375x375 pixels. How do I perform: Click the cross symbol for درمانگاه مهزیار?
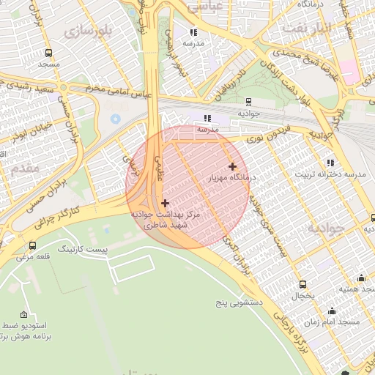pyautogui.click(x=233, y=166)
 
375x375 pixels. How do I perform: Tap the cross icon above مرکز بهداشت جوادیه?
pyautogui.click(x=165, y=203)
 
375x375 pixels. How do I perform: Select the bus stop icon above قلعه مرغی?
pyautogui.click(x=32, y=245)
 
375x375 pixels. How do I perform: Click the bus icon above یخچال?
pyautogui.click(x=302, y=284)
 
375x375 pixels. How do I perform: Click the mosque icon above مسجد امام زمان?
pyautogui.click(x=332, y=311)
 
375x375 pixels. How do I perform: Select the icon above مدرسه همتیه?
pyautogui.click(x=361, y=278)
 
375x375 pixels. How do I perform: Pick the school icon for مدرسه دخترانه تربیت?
pyautogui.click(x=330, y=163)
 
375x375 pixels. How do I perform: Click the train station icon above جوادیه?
pyautogui.click(x=248, y=102)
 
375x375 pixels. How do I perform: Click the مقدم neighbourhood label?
pyautogui.click(x=25, y=168)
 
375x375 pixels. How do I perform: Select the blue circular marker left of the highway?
pyautogui.click(x=115, y=118)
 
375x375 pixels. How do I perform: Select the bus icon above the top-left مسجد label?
pyautogui.click(x=48, y=53)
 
